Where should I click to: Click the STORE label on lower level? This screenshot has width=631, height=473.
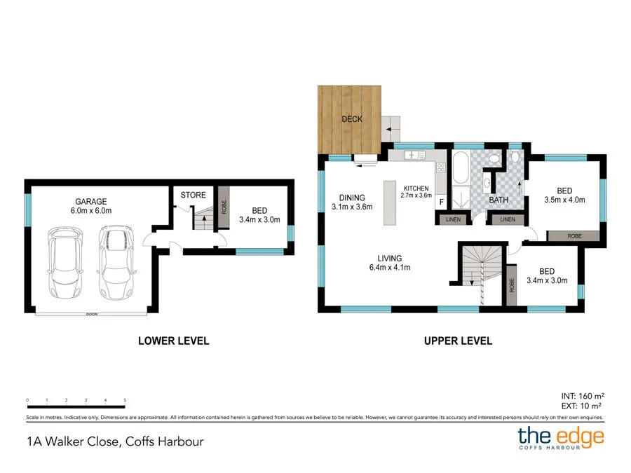click(x=193, y=195)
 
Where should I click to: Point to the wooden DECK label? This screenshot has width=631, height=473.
click(x=352, y=119)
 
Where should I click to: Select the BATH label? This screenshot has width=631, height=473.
click(x=498, y=200)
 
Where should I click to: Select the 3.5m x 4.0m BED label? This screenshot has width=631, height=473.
click(x=564, y=195)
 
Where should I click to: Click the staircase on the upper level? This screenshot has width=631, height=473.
click(x=481, y=270)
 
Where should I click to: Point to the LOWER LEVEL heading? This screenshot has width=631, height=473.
click(x=173, y=341)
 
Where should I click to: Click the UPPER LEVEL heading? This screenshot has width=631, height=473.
click(x=458, y=341)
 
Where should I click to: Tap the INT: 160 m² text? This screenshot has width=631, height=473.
click(x=581, y=395)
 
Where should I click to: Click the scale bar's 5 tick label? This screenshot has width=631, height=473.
click(x=125, y=400)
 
